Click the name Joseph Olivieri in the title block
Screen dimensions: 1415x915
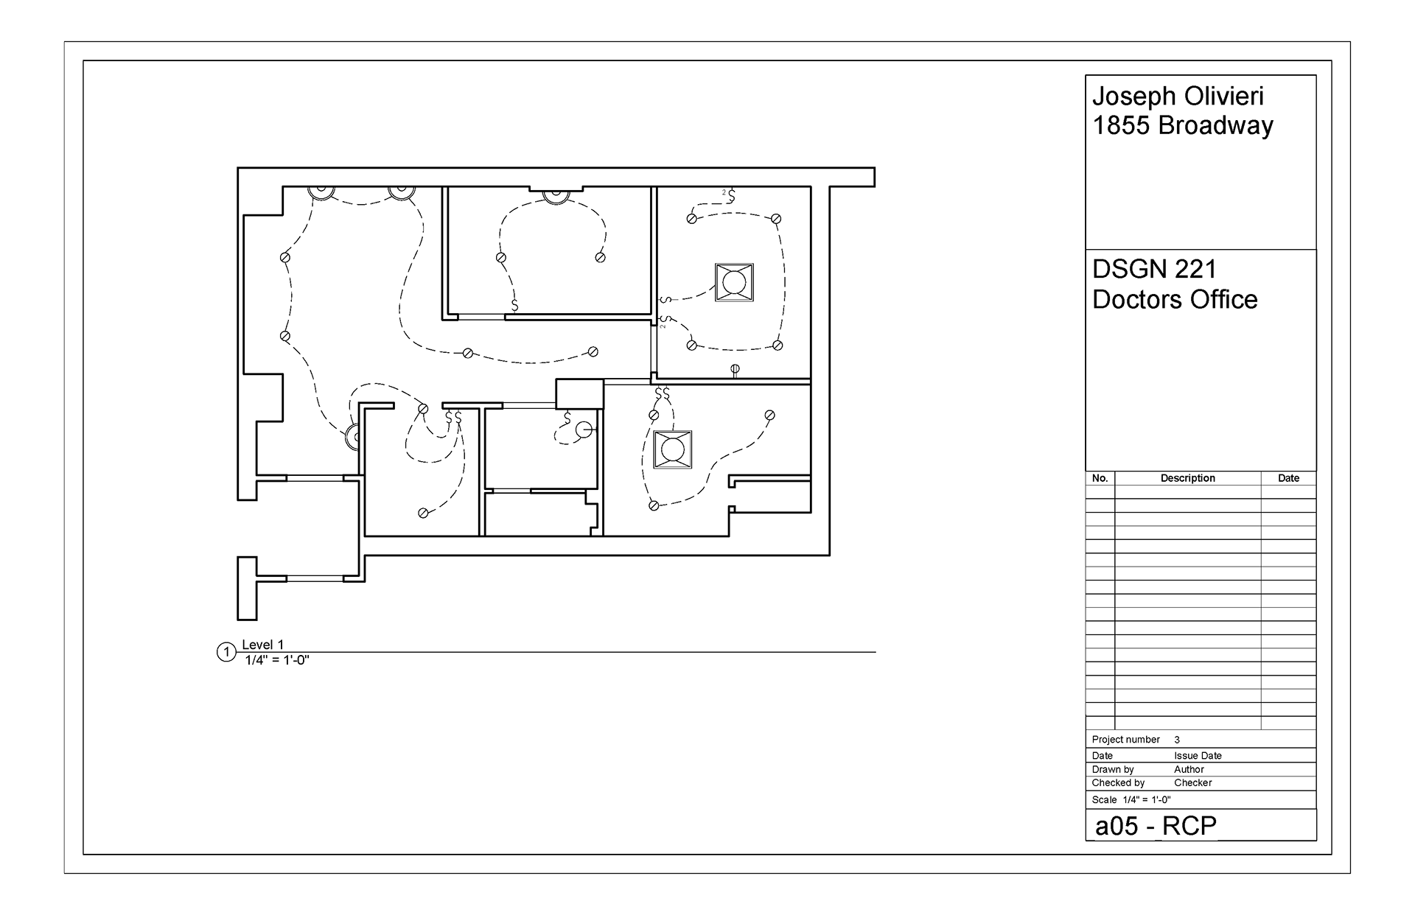[x=1178, y=97]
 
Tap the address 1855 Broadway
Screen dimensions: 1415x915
[x=1182, y=126]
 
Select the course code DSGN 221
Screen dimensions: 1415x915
[x=1154, y=270]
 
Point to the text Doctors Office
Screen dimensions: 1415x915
[x=1175, y=300]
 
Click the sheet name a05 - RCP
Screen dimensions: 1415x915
[x=1156, y=826]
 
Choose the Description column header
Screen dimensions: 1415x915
[x=1187, y=478]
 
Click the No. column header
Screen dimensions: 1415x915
[x=1100, y=478]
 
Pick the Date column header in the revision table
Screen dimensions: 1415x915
[x=1288, y=478]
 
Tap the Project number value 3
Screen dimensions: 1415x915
[x=1177, y=740]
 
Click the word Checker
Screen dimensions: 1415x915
[x=1192, y=782]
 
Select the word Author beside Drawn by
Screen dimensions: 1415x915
[x=1189, y=769]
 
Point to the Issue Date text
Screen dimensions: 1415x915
[x=1198, y=756]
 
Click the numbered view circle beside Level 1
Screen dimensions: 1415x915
[x=226, y=653]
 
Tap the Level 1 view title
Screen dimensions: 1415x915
[x=262, y=645]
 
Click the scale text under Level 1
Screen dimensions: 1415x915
[x=277, y=660]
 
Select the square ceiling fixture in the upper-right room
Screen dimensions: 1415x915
[x=734, y=282]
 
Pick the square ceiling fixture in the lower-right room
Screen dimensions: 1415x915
[x=672, y=449]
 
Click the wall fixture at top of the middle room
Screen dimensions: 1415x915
[x=554, y=194]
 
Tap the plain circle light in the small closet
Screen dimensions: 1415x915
[x=584, y=430]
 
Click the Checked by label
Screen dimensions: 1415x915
[x=1118, y=782]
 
